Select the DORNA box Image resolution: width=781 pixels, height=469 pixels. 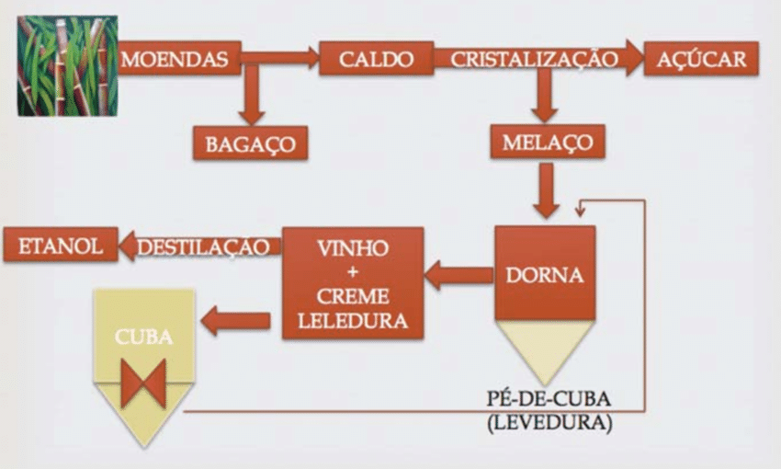click(x=545, y=273)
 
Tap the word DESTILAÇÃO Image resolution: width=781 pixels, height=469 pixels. click(x=209, y=246)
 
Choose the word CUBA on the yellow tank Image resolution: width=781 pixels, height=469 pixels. click(x=143, y=337)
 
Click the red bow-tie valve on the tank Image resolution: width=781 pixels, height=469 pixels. click(x=143, y=383)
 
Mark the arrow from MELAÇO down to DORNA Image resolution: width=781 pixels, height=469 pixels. click(x=546, y=190)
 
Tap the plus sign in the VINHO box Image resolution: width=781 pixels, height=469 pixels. click(x=352, y=272)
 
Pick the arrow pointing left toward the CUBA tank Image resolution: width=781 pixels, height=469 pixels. click(x=235, y=321)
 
